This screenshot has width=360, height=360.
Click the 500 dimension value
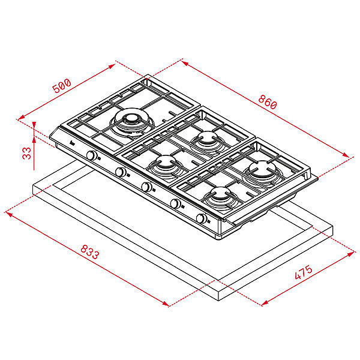coord(61,86)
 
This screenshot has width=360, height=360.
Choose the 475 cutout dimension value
coord(304,274)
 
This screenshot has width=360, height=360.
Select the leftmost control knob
coord(92,156)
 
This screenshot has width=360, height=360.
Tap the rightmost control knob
coord(202,219)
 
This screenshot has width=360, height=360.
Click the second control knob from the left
coord(121,173)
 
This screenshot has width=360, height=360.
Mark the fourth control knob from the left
coord(175,204)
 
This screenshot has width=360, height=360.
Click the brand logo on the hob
coord(71,144)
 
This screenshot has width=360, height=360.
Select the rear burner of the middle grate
coord(206,140)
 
